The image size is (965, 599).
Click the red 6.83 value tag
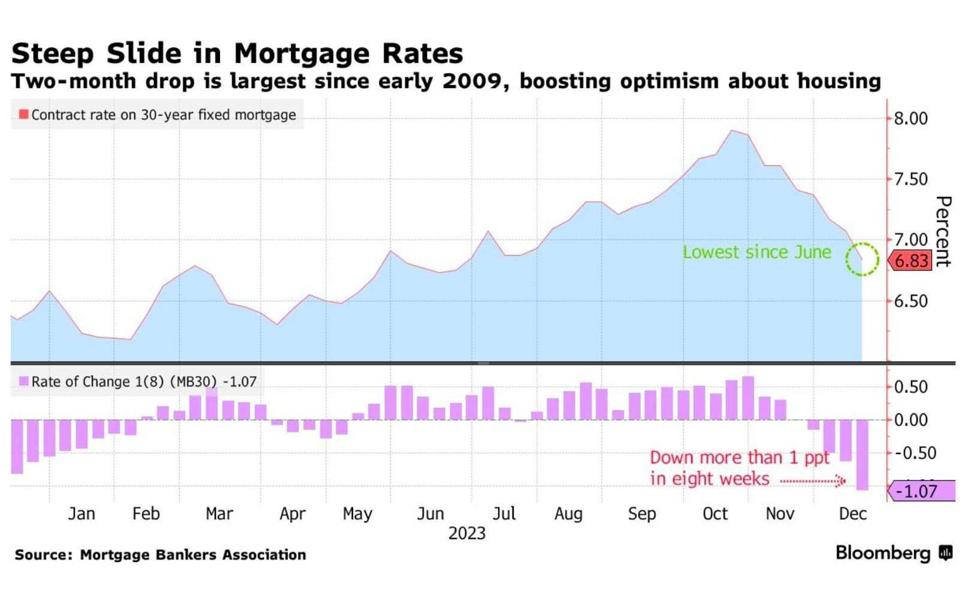[x=910, y=261]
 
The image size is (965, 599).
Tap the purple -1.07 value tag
[x=921, y=491]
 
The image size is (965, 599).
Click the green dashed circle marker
[x=862, y=259]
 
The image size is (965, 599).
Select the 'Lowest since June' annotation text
[x=756, y=252]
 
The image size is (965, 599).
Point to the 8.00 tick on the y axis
[x=910, y=119]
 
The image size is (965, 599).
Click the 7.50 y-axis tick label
[x=910, y=179]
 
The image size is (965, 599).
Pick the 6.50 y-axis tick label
[x=910, y=301]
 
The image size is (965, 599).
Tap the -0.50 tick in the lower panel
[x=915, y=453]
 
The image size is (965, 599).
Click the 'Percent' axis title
[x=943, y=231]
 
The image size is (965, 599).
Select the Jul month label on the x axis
[x=504, y=514]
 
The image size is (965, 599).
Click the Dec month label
[x=852, y=514]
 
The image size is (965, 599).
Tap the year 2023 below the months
[x=467, y=533]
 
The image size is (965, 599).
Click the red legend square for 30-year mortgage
[x=24, y=114]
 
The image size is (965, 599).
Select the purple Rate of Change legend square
[x=24, y=382]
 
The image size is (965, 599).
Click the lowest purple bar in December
[x=862, y=455]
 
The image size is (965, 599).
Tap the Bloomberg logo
[x=893, y=553]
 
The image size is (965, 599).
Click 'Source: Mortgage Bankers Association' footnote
[x=161, y=555]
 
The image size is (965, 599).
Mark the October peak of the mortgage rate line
[x=732, y=131]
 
